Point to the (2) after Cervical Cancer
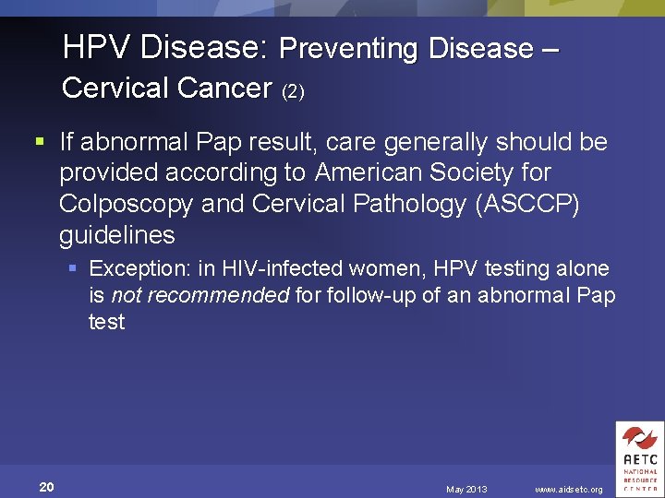pos(293,91)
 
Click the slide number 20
pos(46,487)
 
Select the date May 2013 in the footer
pos(466,489)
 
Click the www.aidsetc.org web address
pos(568,489)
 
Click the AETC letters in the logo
pos(639,459)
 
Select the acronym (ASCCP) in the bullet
pos(527,204)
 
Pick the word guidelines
pos(116,235)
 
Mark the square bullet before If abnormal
pos(39,142)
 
